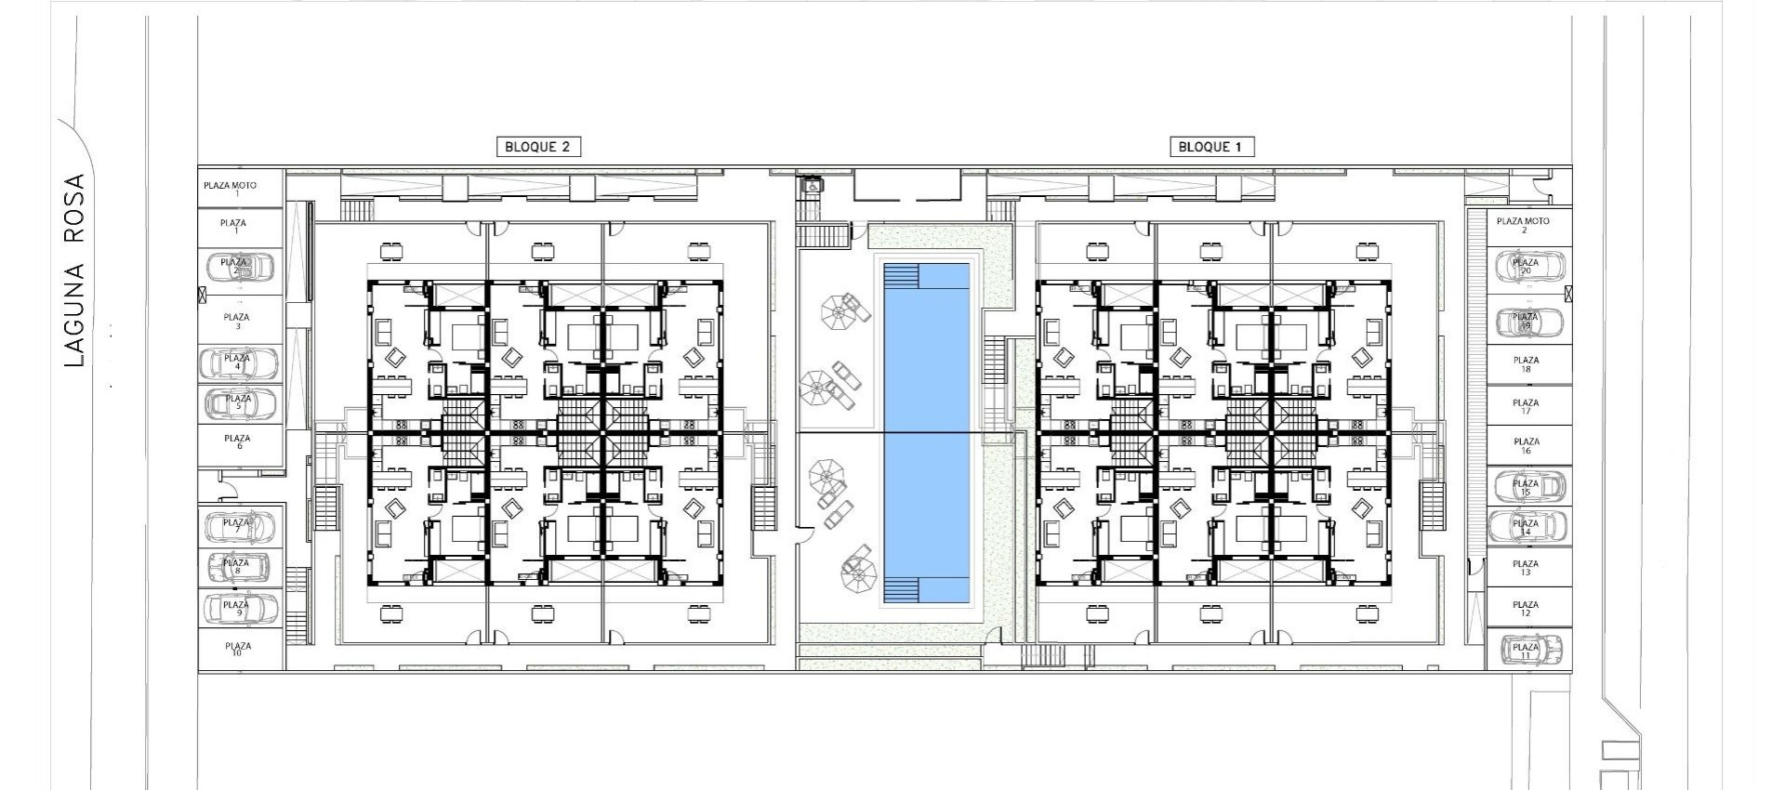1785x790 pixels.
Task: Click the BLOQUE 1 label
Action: (1210, 147)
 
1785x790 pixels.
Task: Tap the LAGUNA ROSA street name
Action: (75, 270)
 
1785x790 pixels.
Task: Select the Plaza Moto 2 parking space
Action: (1524, 225)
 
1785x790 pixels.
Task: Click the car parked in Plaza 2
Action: (239, 268)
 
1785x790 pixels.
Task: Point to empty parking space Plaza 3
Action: (238, 321)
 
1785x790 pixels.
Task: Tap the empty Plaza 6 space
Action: (238, 441)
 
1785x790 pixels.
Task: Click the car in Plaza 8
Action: (238, 566)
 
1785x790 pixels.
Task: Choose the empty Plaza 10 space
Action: (238, 649)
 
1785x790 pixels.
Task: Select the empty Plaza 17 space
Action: (1526, 406)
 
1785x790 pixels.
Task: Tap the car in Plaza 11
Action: (1527, 650)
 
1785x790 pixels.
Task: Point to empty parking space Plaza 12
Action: (1526, 608)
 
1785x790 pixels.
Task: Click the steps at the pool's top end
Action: (901, 277)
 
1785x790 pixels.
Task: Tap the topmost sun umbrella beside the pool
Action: (840, 309)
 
